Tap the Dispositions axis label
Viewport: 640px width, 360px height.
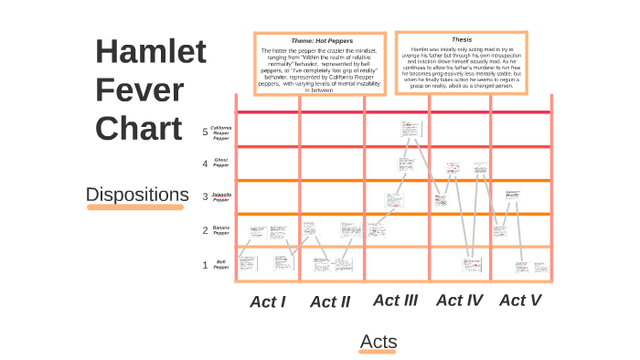135,195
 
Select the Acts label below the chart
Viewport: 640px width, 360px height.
379,342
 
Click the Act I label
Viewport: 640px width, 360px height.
268,302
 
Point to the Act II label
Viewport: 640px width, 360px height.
330,302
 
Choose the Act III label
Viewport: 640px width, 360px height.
395,300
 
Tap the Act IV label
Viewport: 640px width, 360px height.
459,300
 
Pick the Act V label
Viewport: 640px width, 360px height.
520,300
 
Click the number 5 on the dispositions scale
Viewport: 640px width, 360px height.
206,132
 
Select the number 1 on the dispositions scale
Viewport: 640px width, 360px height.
206,265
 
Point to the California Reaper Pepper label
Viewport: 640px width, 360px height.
221,132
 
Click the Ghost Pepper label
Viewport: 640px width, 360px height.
221,164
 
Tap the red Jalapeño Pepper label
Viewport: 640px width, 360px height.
221,196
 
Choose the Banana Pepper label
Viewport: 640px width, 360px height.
221,230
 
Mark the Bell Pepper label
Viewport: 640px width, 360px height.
221,265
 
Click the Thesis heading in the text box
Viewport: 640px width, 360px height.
462,40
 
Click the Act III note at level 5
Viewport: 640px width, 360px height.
411,130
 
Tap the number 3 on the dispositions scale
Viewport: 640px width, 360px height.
206,196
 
